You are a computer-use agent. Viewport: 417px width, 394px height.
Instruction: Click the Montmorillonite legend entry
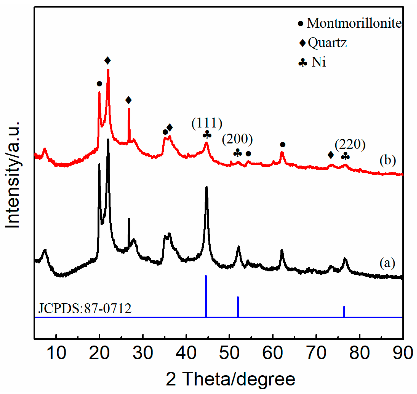coord(350,23)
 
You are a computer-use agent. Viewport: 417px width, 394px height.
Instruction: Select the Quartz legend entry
coord(323,43)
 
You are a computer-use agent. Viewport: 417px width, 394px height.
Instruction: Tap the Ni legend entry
coord(312,62)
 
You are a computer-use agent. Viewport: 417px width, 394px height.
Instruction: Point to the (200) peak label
coord(237,139)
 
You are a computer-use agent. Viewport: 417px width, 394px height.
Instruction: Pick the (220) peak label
coord(350,144)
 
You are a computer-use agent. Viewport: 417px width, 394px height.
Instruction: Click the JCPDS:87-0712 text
coord(85,308)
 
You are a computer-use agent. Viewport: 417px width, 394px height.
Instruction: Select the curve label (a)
coord(387,263)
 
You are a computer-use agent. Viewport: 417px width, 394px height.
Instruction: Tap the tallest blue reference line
coord(206,296)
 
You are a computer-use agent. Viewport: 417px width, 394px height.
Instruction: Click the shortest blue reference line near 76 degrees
coord(344,312)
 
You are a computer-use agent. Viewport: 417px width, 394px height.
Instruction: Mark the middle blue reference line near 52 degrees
coord(238,307)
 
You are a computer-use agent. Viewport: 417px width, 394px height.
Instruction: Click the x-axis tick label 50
coord(229,353)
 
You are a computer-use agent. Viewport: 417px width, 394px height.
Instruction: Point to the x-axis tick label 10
coord(56,353)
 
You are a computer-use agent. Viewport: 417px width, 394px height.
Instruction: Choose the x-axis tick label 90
coord(402,353)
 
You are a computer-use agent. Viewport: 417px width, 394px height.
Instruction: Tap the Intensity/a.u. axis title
coord(12,175)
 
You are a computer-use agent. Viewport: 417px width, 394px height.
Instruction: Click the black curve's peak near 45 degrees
coord(206,187)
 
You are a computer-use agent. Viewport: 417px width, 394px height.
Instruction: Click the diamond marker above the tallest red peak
coord(107,61)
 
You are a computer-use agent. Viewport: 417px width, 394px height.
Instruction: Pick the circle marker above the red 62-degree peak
coord(283,144)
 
